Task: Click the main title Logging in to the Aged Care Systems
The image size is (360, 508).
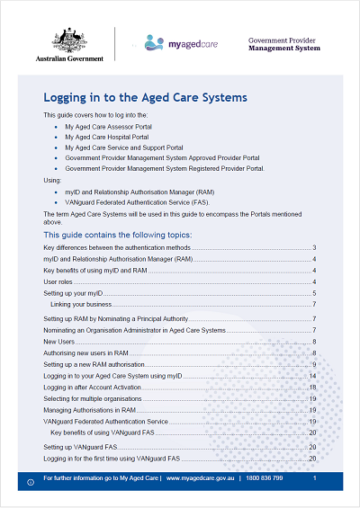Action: point(145,97)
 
